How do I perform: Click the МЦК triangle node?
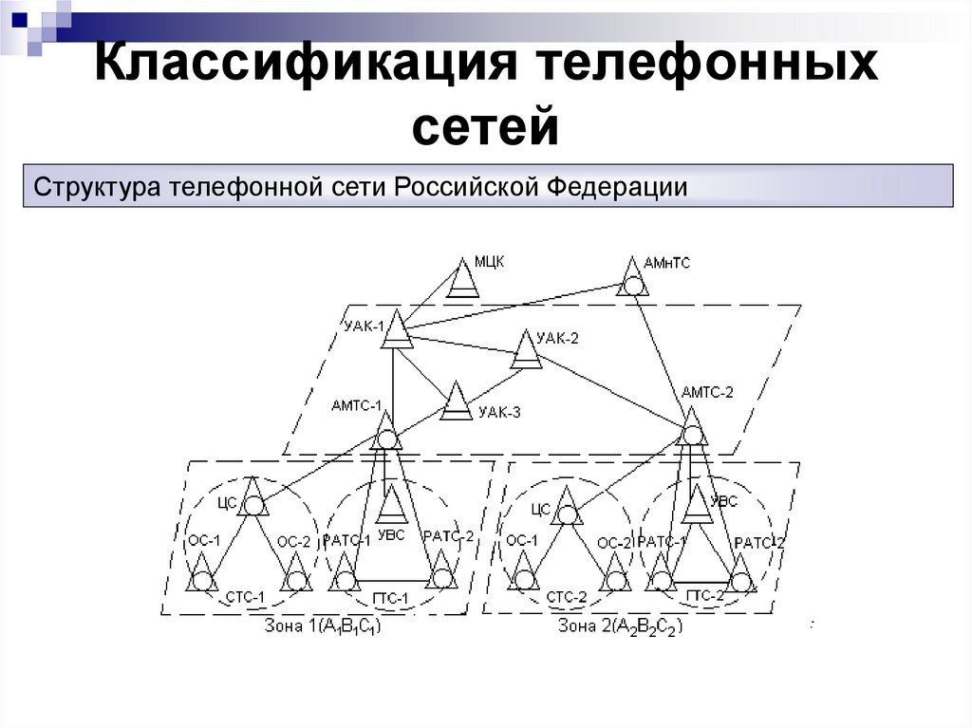463,280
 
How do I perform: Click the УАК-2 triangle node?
525,352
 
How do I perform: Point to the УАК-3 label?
499,412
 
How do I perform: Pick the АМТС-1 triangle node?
386,433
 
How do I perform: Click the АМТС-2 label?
707,392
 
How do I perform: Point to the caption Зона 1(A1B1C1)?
324,626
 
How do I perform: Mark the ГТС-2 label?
703,596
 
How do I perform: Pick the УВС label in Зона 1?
391,535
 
